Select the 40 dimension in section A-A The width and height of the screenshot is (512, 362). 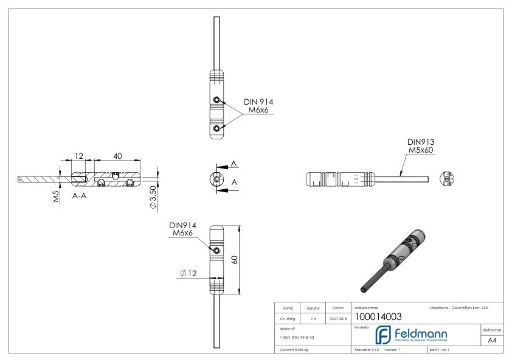coord(118,156)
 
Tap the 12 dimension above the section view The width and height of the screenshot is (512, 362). coord(78,156)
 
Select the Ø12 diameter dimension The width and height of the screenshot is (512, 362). coord(188,273)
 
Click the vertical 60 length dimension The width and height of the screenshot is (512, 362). coord(235,259)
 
